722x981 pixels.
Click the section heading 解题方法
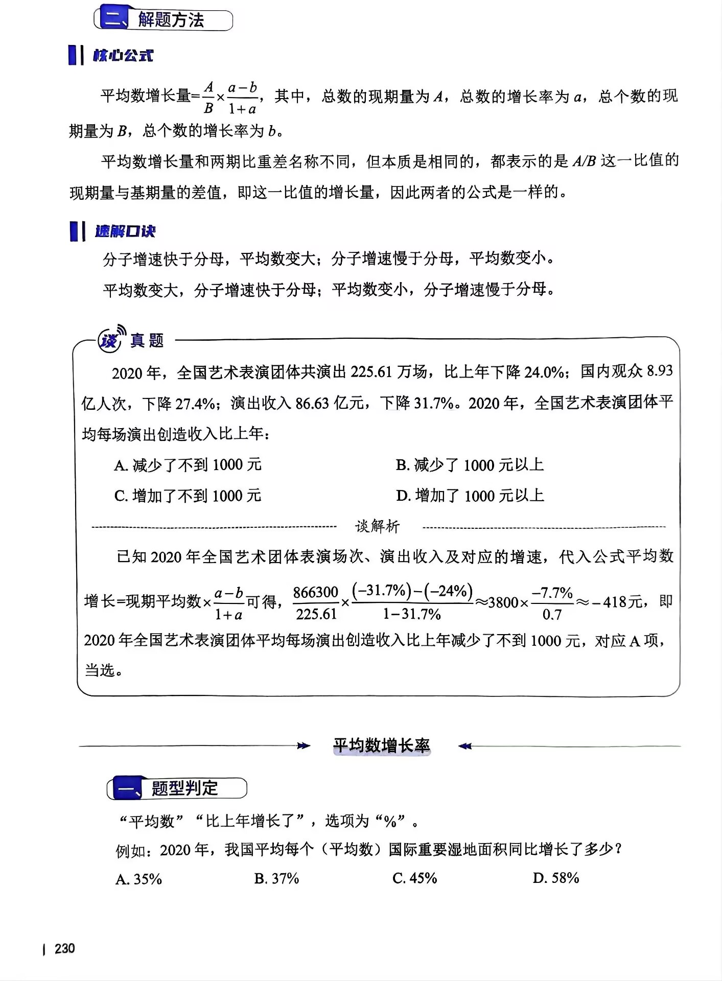[x=171, y=20]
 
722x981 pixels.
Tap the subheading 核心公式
[x=123, y=55]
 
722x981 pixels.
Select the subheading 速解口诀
[x=125, y=231]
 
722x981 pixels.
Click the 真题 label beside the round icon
[x=147, y=340]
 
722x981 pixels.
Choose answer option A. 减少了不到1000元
[x=188, y=465]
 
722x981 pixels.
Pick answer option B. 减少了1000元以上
[x=470, y=465]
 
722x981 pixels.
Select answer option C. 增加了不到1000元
[x=188, y=496]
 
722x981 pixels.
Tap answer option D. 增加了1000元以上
[x=470, y=496]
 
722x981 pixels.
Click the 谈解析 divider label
[x=378, y=526]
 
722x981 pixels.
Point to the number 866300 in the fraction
[x=316, y=592]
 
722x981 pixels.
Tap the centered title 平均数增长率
[x=382, y=746]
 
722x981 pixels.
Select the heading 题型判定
[x=184, y=788]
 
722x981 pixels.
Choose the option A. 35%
[x=138, y=879]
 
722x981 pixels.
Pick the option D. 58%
[x=555, y=878]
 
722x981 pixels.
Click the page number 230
[x=64, y=949]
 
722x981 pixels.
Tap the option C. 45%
[x=414, y=878]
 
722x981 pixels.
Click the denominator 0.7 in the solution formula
[x=552, y=615]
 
